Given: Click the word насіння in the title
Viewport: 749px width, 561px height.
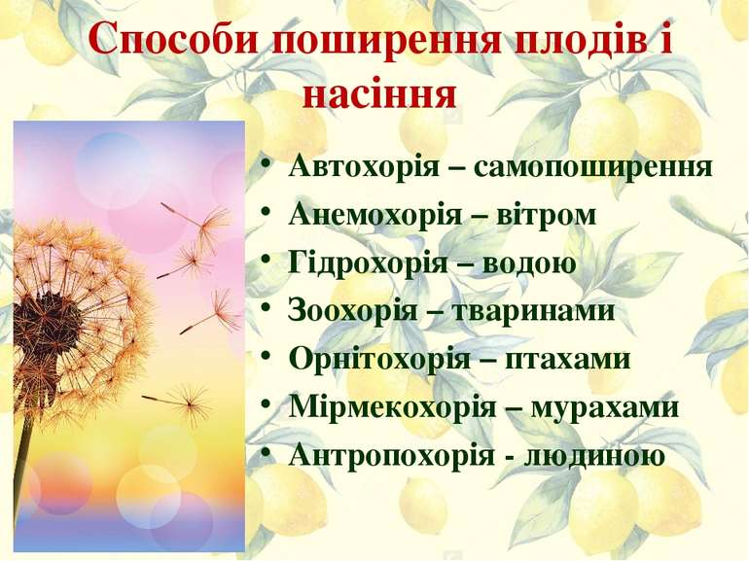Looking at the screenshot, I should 380,94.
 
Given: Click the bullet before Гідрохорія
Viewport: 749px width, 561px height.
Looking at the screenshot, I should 267,263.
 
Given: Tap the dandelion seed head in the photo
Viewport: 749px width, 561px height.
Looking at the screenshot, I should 73,311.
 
